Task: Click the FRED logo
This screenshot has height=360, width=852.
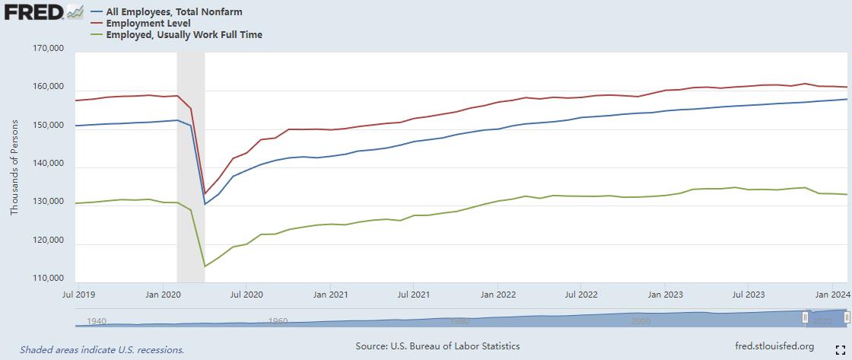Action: pos(34,13)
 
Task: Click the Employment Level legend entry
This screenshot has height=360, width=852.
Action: pos(148,24)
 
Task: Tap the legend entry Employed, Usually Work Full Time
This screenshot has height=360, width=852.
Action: pos(185,34)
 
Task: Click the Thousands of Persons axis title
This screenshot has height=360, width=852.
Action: pos(14,165)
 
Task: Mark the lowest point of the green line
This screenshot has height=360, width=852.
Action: pos(205,266)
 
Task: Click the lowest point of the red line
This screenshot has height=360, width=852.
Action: pos(205,194)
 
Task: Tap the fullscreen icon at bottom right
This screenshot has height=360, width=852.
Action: pos(842,349)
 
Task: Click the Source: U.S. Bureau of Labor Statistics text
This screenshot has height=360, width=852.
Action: pos(437,346)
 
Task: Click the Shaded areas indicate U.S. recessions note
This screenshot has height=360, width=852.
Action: pos(102,350)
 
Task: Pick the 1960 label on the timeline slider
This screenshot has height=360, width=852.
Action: pos(278,321)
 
